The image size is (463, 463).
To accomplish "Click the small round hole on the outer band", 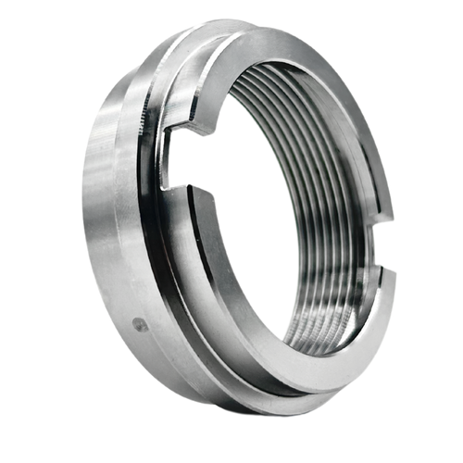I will (x=139, y=323).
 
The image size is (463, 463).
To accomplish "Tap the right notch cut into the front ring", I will (x=389, y=248).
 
